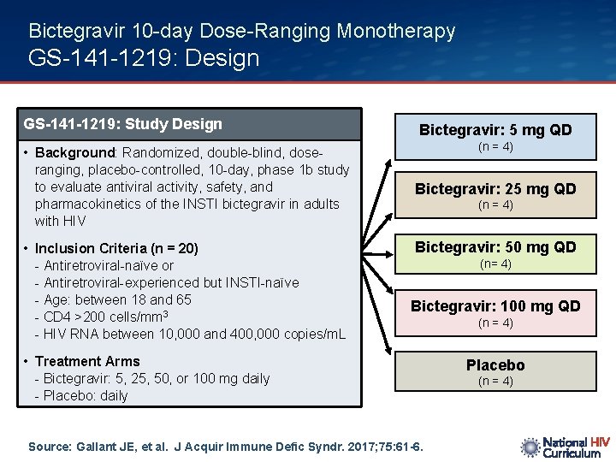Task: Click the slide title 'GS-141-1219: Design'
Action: (144, 58)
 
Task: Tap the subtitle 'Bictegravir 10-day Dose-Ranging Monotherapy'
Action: (241, 32)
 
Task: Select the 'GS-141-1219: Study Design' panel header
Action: (123, 124)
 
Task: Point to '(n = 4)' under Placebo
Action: (495, 382)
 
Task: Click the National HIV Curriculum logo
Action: (565, 447)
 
